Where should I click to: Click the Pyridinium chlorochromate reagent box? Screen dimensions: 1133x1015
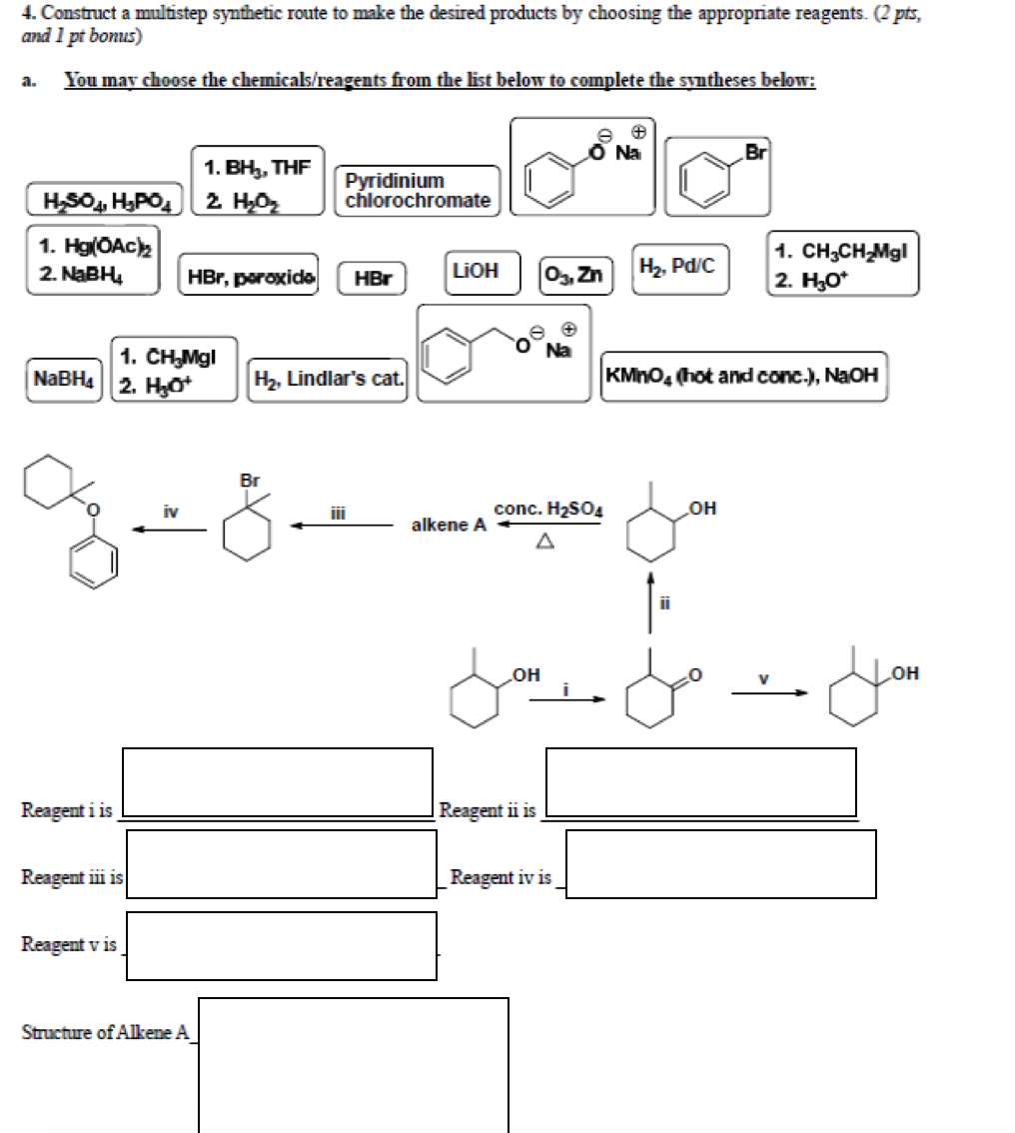click(x=418, y=190)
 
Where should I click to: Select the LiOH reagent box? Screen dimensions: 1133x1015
click(x=476, y=272)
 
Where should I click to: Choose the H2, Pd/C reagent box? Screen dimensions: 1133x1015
click(x=678, y=268)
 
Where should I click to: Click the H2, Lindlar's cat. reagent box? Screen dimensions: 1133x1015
click(x=329, y=379)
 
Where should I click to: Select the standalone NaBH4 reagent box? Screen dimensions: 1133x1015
click(x=65, y=379)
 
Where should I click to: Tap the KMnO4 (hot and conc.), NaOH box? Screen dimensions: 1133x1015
click(x=742, y=376)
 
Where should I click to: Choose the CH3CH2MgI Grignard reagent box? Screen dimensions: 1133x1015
click(x=842, y=263)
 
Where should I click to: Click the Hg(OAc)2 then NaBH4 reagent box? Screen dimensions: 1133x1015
click(x=92, y=259)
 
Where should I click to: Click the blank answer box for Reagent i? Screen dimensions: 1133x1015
click(x=278, y=781)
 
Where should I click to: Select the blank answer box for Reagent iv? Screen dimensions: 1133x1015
click(x=720, y=863)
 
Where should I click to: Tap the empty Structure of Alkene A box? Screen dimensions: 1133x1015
click(x=353, y=1064)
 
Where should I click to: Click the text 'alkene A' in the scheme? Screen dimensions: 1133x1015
click(x=449, y=525)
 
